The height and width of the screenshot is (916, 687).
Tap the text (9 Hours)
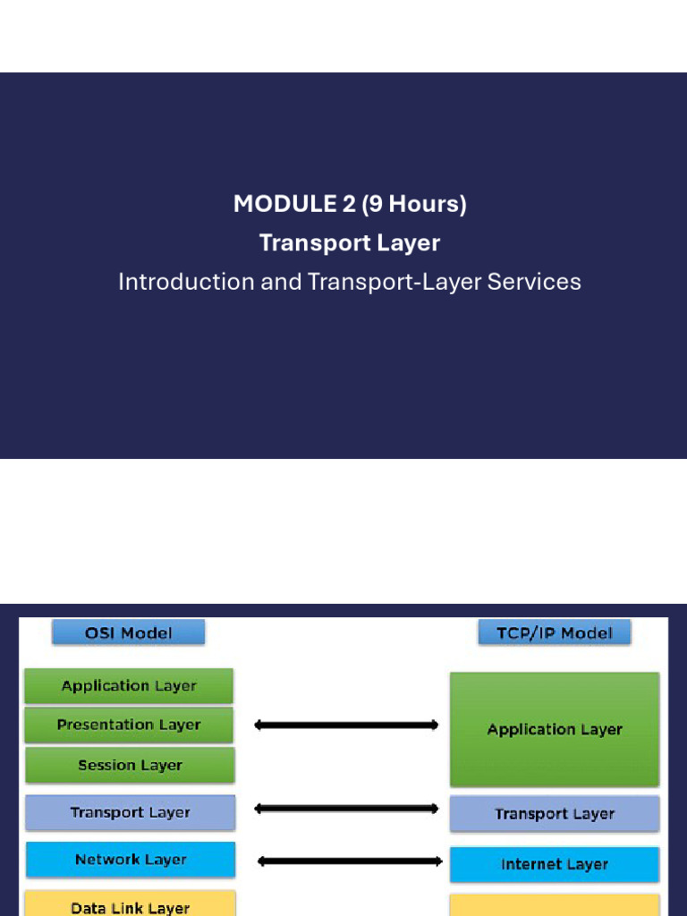tap(413, 204)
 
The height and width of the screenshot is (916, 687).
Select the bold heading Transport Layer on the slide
tap(350, 242)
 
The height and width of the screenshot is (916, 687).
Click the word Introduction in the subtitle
tap(186, 282)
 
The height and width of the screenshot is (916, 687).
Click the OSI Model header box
tap(129, 633)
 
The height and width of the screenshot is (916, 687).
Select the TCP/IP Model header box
tap(555, 633)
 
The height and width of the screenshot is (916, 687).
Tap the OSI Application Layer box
tap(129, 686)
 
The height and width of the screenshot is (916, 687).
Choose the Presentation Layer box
tap(129, 725)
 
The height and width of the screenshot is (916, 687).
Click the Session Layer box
tap(130, 765)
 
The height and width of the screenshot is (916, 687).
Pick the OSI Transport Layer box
tap(131, 812)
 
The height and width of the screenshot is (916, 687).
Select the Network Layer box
tap(131, 860)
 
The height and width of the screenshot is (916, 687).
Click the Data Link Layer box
tap(131, 905)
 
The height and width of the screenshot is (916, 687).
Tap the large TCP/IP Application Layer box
tap(555, 729)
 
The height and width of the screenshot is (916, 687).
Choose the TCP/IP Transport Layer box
tap(555, 814)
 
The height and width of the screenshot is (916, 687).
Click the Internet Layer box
tap(555, 864)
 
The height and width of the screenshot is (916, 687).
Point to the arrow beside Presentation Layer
tap(346, 725)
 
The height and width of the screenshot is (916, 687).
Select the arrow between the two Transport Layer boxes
tap(346, 809)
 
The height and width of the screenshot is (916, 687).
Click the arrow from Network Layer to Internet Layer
tap(350, 861)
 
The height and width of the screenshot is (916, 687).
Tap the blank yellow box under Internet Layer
tap(555, 905)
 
